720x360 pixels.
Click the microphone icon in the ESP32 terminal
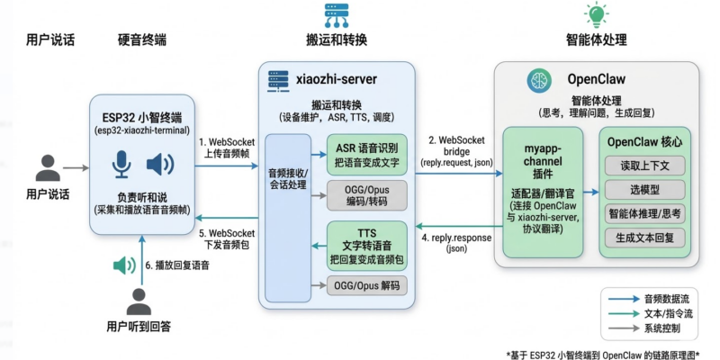coord(121,165)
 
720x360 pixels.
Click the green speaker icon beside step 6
coord(122,265)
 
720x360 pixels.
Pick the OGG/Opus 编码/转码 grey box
coord(367,195)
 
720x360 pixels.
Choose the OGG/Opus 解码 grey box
coord(367,286)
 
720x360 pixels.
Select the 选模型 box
coord(645,190)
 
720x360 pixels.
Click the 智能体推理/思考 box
coord(645,214)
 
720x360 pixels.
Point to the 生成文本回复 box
coord(645,238)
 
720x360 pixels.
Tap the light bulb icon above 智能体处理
coord(596,14)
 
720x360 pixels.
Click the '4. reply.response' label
coord(455,244)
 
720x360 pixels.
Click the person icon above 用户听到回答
coord(139,301)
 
